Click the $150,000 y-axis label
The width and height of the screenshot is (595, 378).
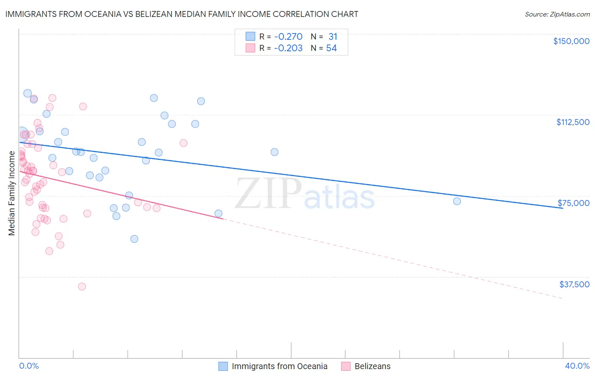coord(571,41)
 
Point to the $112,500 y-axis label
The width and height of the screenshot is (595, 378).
coord(573,122)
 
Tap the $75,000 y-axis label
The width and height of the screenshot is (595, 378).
coord(573,203)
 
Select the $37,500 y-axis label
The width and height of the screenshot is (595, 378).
coord(574,284)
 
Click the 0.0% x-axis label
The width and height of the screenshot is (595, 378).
coord(29,366)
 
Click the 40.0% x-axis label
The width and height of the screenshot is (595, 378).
coord(577,366)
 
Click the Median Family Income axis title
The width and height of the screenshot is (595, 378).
coord(12,193)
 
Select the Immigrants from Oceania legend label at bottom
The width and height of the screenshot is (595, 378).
coord(279,366)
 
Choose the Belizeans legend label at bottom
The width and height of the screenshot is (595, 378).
coord(372,366)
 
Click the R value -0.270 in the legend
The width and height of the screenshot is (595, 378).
coord(288,37)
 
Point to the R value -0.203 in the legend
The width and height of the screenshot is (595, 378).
coord(288,48)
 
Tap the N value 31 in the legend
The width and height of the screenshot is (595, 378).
coord(333,37)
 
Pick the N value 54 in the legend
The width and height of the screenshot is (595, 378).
coord(331,48)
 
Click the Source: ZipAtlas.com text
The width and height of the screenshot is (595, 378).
coord(557,14)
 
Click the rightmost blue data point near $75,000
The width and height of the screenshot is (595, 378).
coord(457,201)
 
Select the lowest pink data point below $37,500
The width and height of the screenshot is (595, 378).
coord(82,286)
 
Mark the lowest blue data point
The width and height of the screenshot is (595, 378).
coord(134,239)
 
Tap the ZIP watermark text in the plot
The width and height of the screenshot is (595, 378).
coord(268,193)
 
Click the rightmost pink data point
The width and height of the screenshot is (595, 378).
coord(183,143)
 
